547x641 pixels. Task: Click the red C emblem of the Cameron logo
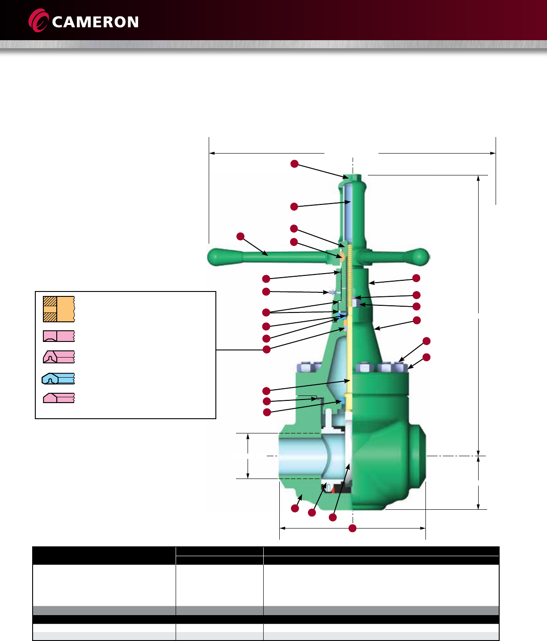[x=38, y=21]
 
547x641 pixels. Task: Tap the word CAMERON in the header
[x=95, y=22]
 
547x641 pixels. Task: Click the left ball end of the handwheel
[x=217, y=257]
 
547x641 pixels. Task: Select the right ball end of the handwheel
[x=420, y=257]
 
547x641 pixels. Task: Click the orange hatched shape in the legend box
[x=59, y=309]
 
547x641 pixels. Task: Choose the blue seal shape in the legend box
[x=58, y=379]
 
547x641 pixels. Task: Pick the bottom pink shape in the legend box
[x=59, y=398]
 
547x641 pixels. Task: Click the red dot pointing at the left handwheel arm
[x=240, y=236]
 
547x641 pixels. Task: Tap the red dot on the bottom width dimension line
[x=352, y=528]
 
